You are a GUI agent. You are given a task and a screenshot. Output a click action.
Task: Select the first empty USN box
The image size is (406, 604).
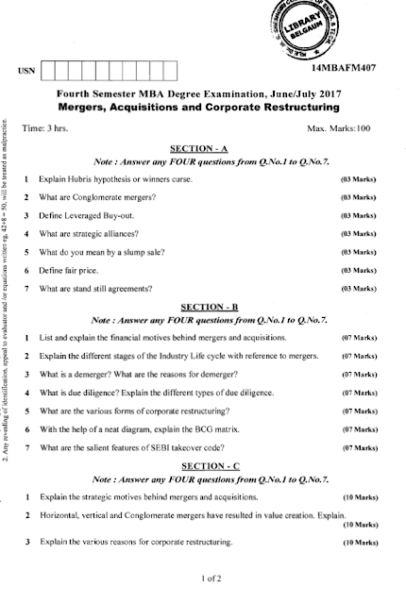50,70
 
